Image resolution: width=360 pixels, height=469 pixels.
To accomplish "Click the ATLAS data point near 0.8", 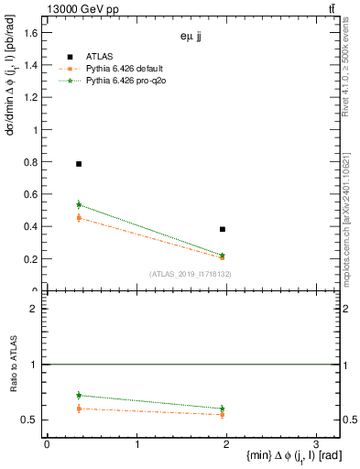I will [79, 164].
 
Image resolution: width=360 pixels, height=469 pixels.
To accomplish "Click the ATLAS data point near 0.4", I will [223, 229].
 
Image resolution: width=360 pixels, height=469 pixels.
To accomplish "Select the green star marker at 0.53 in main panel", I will [79, 205].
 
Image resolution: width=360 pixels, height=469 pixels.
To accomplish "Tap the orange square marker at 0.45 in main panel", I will [79, 218].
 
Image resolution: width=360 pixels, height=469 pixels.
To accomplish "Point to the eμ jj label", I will [191, 38].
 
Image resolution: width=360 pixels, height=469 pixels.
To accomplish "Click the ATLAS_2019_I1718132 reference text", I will [191, 274].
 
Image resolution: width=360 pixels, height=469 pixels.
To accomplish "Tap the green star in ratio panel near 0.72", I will [79, 396].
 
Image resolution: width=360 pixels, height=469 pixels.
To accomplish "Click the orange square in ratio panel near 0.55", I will [223, 414].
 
